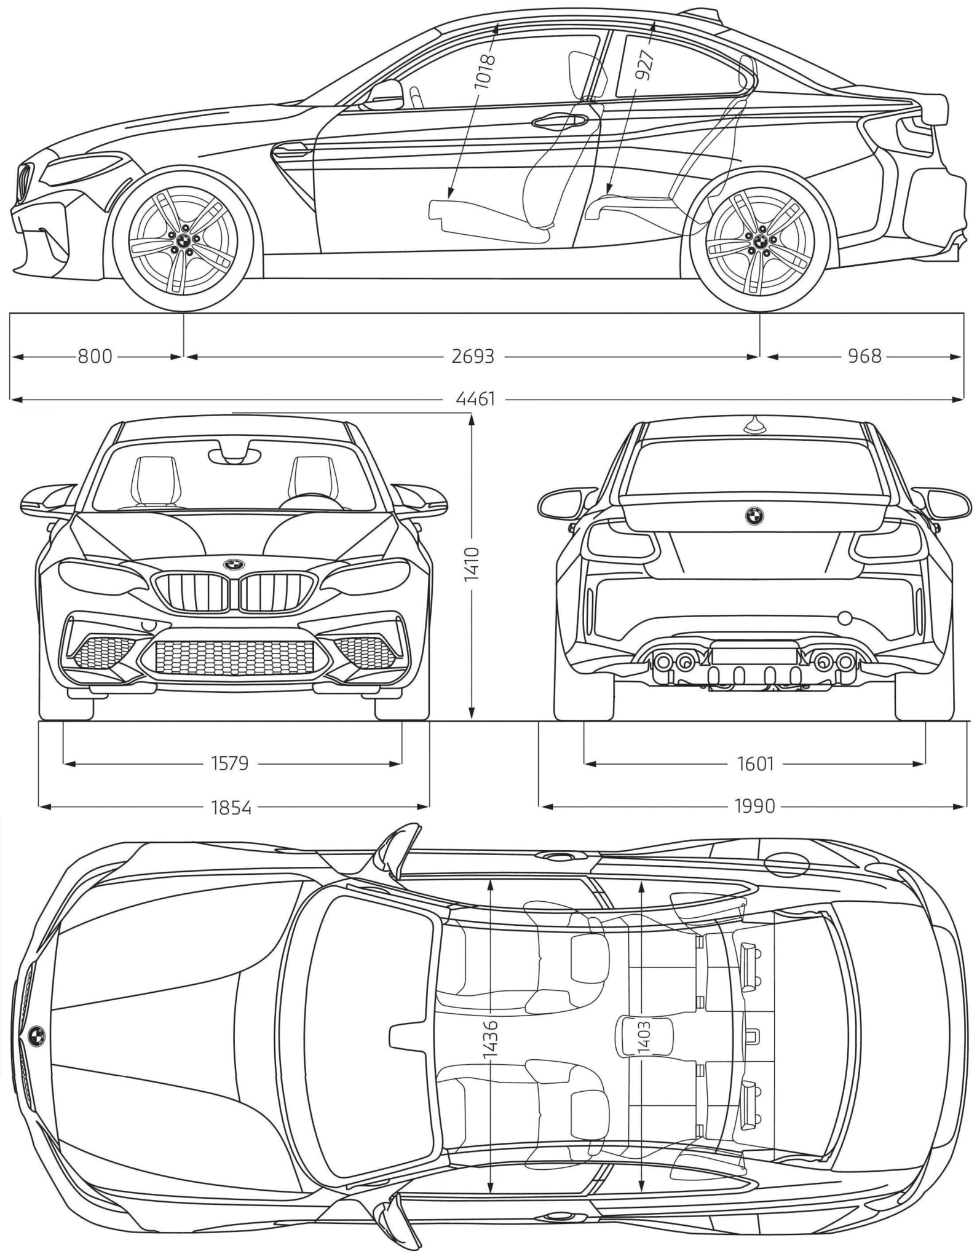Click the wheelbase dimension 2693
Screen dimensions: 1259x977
pyautogui.click(x=472, y=356)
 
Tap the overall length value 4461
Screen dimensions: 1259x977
pyautogui.click(x=475, y=400)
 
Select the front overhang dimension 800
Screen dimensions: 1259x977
pyautogui.click(x=95, y=356)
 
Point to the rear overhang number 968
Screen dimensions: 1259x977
pyautogui.click(x=864, y=356)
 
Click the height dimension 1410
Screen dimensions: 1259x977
pyautogui.click(x=472, y=565)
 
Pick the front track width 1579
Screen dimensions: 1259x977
pyautogui.click(x=229, y=764)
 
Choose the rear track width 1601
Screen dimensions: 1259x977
pyautogui.click(x=755, y=764)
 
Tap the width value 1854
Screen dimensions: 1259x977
pyautogui.click(x=231, y=807)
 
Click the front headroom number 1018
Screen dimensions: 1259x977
pyautogui.click(x=486, y=73)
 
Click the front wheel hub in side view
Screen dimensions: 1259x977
pyautogui.click(x=183, y=240)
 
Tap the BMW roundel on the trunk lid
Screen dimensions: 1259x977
pyautogui.click(x=754, y=516)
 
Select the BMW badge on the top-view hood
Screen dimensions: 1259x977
pyautogui.click(x=36, y=1035)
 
